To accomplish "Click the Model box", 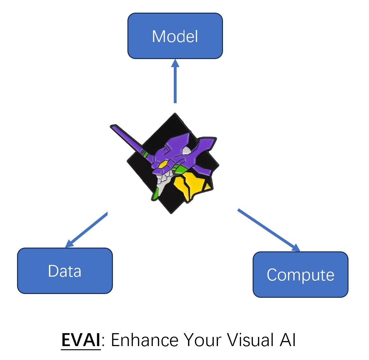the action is (175, 36).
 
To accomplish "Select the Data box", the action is (65, 271).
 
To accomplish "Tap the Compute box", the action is (301, 274).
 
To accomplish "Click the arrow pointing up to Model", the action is (175, 81).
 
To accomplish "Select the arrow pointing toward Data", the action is (86, 230).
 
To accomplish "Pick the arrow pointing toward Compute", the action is (269, 230).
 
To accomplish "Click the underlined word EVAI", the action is (81, 340).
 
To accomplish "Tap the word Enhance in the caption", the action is (144, 340).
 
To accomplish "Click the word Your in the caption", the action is (202, 340).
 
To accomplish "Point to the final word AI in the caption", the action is (288, 340).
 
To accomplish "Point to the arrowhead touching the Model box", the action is (175, 63).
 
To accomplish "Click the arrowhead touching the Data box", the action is (69, 243).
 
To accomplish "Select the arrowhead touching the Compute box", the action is (296, 248).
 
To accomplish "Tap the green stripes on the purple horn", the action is (144, 153).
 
